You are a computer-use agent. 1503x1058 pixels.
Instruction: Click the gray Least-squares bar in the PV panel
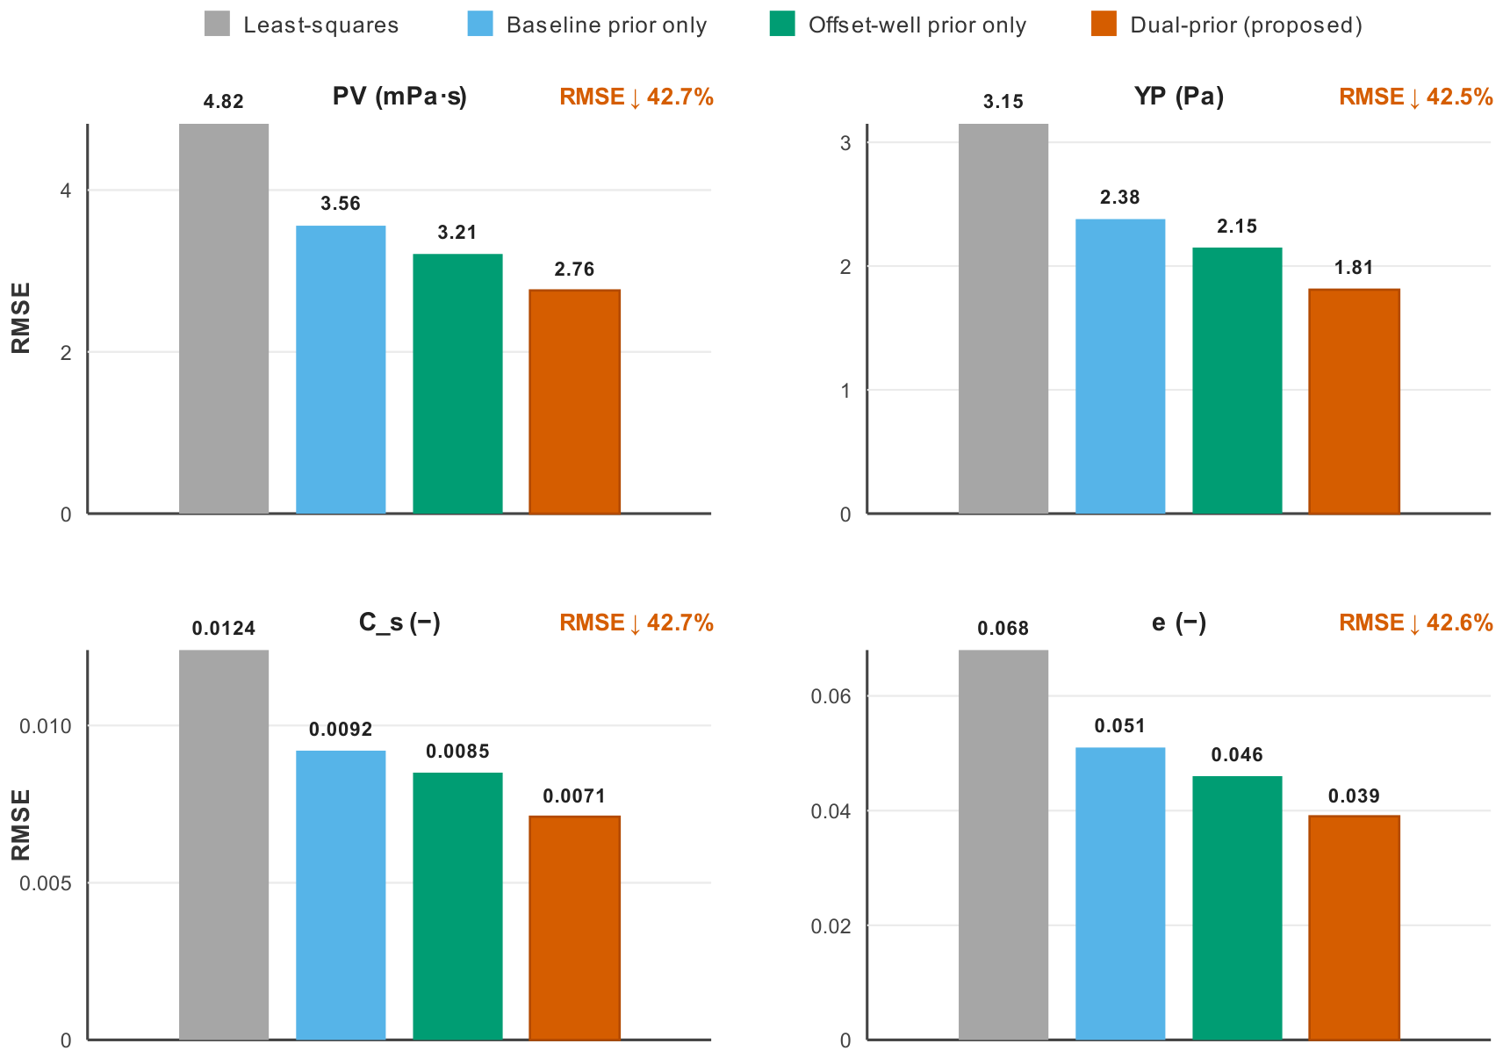(224, 319)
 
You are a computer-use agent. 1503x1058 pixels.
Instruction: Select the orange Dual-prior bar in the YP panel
(1354, 401)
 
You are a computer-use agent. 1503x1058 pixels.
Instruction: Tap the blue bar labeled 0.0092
(341, 895)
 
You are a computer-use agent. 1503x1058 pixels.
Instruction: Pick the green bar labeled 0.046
(1237, 908)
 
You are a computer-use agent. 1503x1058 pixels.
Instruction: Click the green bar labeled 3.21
(457, 384)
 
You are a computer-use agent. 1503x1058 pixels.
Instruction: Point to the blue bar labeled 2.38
(1120, 366)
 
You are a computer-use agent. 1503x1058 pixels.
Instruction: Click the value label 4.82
(224, 101)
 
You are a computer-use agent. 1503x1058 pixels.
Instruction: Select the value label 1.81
(1354, 268)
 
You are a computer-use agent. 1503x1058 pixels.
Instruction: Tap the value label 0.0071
(574, 795)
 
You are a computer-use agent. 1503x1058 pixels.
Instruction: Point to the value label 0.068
(1003, 629)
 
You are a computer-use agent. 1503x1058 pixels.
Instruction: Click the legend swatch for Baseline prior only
(480, 24)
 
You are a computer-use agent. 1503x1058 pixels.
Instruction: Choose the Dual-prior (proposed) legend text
(1246, 25)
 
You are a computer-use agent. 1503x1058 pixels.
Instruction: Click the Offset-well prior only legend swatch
(782, 24)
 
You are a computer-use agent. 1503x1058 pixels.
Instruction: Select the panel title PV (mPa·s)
(400, 97)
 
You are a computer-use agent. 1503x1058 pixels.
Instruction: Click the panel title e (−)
(1179, 623)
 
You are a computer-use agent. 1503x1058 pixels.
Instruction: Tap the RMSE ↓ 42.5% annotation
(1416, 97)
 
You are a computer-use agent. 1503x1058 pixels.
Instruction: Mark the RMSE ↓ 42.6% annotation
(1416, 623)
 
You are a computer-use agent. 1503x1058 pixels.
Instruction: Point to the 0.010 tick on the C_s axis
(45, 726)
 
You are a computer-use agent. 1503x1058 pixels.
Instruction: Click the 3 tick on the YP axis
(845, 143)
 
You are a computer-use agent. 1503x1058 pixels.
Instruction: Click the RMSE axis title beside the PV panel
(21, 318)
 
